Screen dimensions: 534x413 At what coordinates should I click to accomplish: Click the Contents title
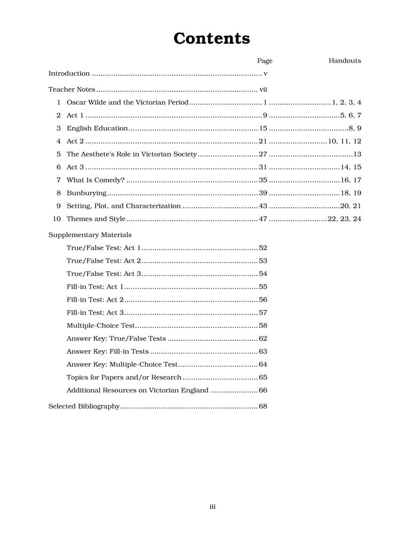point(212,38)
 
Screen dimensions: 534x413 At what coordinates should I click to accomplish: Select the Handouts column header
point(345,61)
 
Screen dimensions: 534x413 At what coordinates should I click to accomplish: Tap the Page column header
point(264,61)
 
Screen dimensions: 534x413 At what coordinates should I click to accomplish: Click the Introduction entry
point(69,74)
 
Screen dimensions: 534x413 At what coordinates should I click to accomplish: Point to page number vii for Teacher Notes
point(263,89)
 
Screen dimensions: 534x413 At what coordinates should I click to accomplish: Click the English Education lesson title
point(97,128)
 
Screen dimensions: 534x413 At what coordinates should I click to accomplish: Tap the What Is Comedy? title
point(96,180)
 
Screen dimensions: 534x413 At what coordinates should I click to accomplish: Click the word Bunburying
point(86,193)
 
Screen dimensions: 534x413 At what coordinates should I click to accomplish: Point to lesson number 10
point(57,219)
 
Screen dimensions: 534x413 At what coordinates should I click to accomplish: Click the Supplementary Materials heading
point(90,235)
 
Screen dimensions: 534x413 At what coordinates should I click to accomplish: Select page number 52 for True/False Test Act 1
point(263,248)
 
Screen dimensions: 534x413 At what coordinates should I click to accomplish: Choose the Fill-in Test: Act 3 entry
point(95,313)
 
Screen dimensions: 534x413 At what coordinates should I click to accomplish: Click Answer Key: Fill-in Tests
point(107,351)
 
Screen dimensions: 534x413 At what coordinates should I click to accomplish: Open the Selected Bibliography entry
point(84,406)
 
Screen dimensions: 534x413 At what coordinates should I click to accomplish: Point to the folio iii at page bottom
point(212,507)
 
